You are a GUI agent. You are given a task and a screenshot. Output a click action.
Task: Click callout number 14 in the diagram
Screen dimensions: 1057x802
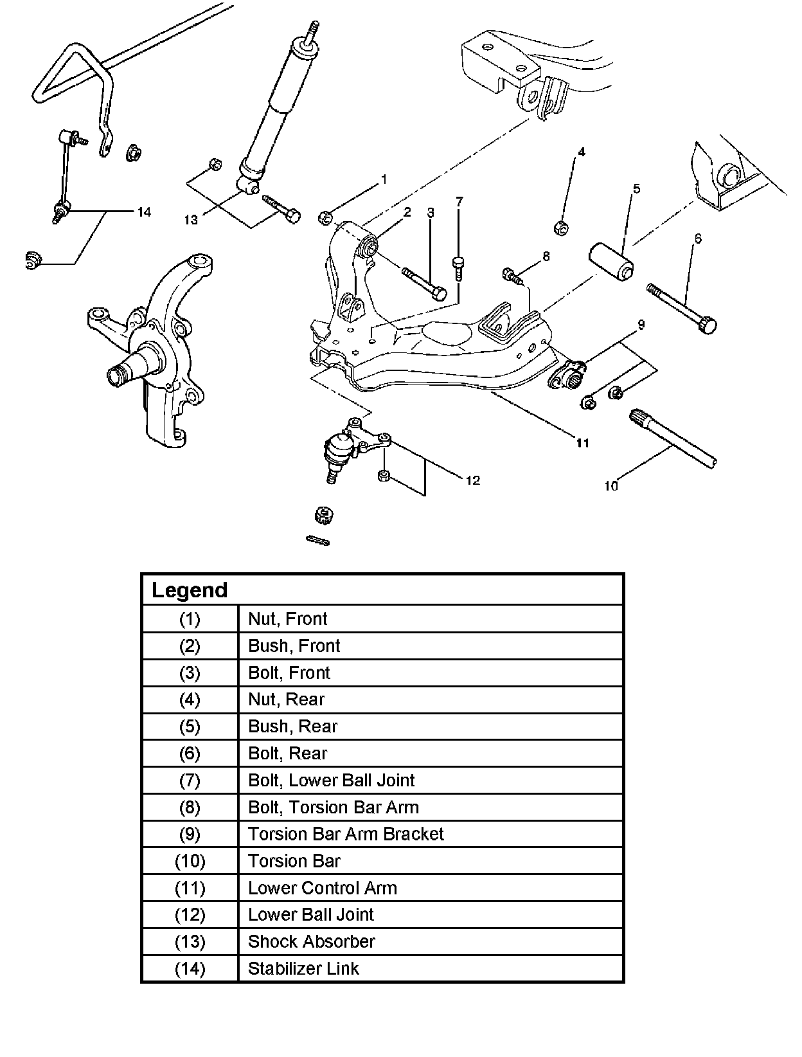(x=144, y=212)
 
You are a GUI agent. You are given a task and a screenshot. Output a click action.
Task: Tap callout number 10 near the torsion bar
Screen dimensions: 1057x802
(x=610, y=486)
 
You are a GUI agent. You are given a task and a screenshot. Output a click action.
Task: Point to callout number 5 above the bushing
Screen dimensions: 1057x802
(x=636, y=188)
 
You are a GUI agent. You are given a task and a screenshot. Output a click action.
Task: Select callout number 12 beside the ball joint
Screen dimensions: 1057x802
(x=473, y=480)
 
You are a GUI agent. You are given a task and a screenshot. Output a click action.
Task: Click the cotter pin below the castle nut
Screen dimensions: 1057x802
(x=318, y=540)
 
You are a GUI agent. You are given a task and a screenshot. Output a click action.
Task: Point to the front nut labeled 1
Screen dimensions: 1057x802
(x=325, y=218)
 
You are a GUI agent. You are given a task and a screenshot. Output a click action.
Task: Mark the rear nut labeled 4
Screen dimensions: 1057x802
(x=561, y=227)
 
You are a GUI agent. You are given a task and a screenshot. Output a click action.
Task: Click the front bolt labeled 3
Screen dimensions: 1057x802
(x=424, y=284)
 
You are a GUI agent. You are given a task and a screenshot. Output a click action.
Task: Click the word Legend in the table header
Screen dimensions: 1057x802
(x=190, y=590)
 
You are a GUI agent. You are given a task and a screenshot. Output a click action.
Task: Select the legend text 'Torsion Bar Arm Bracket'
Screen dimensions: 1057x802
(x=346, y=834)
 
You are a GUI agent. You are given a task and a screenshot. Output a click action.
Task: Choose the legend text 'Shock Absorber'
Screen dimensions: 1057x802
(x=311, y=941)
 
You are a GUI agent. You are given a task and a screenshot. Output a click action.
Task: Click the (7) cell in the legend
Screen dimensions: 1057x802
(x=190, y=781)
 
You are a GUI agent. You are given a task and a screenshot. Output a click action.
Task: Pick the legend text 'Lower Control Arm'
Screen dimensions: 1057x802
(x=322, y=888)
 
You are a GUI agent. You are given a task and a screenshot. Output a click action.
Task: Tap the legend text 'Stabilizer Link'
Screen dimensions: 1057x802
(x=303, y=968)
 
